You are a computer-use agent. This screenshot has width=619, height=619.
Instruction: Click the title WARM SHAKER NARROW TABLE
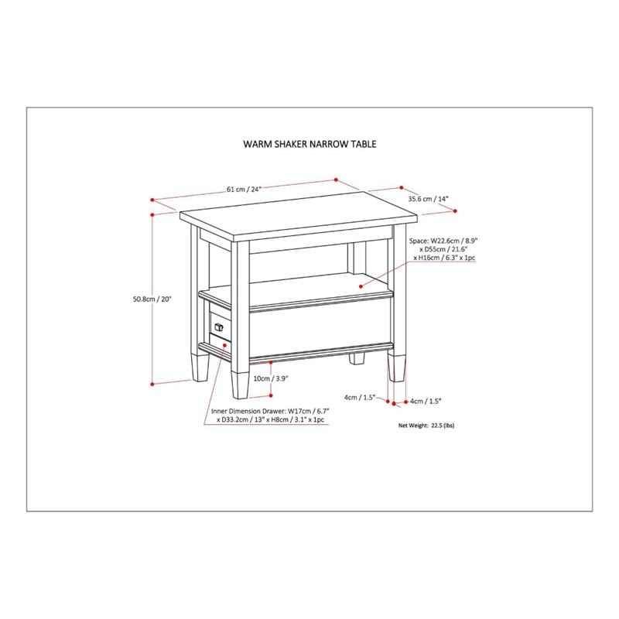[309, 144]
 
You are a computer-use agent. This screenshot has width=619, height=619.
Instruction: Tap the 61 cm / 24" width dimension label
[244, 189]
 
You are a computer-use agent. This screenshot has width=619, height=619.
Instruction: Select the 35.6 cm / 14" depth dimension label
[429, 199]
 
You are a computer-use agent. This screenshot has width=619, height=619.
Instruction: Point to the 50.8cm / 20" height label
[152, 299]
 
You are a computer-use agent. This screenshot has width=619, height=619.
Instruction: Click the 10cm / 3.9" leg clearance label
[271, 378]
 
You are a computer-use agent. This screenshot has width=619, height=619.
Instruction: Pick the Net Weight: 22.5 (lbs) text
[426, 426]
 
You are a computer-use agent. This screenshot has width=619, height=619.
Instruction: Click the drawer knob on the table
[219, 327]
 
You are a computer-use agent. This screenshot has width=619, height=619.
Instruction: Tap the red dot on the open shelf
[361, 286]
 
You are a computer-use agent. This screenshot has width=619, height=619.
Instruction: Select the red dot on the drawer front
[224, 345]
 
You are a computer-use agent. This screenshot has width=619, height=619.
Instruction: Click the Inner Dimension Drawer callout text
[270, 416]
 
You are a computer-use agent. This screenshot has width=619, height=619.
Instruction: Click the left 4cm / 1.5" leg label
[359, 398]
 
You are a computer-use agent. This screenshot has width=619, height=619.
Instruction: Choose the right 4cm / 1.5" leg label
[426, 401]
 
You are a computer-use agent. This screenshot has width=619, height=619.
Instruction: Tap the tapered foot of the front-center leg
[240, 385]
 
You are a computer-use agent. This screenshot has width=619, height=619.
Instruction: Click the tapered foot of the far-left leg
[200, 367]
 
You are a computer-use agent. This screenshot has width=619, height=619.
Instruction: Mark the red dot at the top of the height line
[152, 214]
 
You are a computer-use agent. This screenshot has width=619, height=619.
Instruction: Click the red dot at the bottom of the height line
[152, 383]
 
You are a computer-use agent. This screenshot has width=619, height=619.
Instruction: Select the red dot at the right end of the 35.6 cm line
[455, 211]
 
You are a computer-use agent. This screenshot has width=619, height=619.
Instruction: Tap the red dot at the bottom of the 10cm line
[271, 395]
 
